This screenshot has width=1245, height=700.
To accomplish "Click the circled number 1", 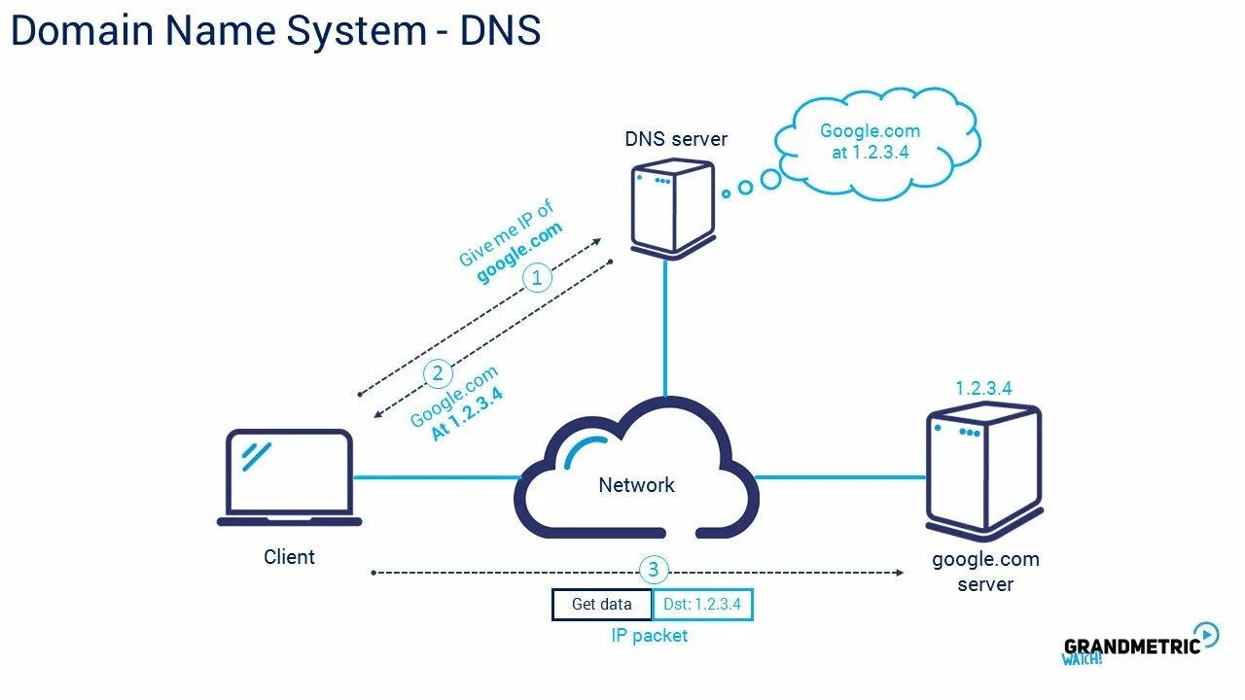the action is (x=537, y=277).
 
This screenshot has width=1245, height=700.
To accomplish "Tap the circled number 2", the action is (x=438, y=373).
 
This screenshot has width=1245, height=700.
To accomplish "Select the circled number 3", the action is (x=653, y=570).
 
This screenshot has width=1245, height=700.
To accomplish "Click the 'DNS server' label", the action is (x=676, y=139).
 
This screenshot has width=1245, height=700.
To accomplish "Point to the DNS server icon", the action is (x=673, y=209).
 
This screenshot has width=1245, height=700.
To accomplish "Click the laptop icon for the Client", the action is (x=289, y=477).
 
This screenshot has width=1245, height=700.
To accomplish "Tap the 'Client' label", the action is (x=289, y=557).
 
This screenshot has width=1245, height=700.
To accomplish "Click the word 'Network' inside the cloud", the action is (x=636, y=485).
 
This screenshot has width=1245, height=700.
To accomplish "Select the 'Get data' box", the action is (x=602, y=605).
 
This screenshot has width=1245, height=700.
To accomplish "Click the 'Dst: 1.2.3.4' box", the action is (x=702, y=605).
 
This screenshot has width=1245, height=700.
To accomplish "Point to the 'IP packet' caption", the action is (x=649, y=636).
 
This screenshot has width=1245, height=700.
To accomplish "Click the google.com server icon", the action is (x=983, y=472).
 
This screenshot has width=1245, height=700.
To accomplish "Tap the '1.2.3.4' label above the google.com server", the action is (x=983, y=388).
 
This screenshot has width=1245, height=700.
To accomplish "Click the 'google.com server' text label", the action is (x=985, y=572).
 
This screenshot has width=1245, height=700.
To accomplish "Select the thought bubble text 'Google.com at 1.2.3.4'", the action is (x=871, y=142).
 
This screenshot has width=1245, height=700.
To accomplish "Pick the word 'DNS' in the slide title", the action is (x=500, y=30).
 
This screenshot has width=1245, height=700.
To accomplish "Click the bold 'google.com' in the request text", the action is (x=519, y=253).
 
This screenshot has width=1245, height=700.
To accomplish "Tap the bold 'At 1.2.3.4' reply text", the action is (x=468, y=414).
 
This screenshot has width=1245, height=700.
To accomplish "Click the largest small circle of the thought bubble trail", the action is (x=771, y=180).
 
